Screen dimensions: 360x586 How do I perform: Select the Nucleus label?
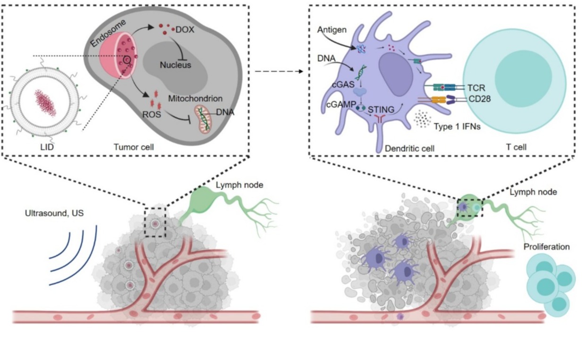tap(175, 65)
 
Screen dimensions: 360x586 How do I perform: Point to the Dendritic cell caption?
tap(409, 148)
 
